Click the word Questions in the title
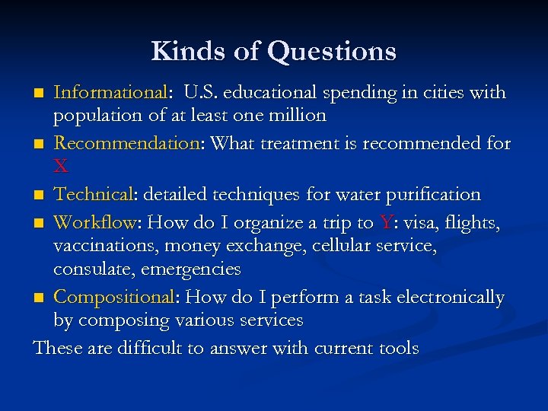pyautogui.click(x=333, y=52)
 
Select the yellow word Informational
pyautogui.click(x=111, y=93)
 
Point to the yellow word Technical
pyautogui.click(x=94, y=195)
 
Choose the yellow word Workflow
pyautogui.click(x=94, y=223)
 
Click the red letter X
pyautogui.click(x=60, y=165)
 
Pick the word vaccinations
pyautogui.click(x=104, y=246)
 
